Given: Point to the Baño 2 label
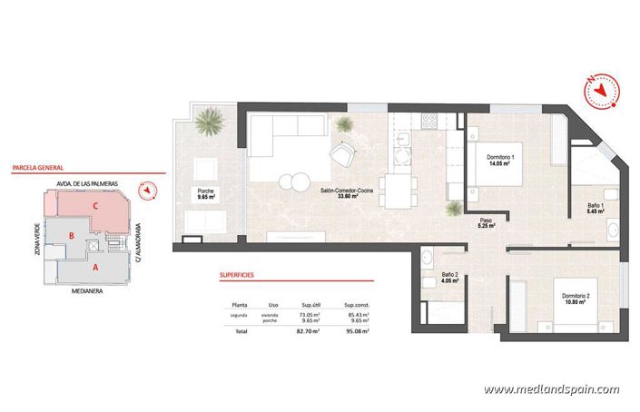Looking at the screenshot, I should tap(449, 278).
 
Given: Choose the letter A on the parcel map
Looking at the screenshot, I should tap(95, 268).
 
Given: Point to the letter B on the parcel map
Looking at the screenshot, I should tap(72, 236).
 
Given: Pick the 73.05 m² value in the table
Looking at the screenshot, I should tap(312, 314).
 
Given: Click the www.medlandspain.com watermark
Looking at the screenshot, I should tap(551, 390).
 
